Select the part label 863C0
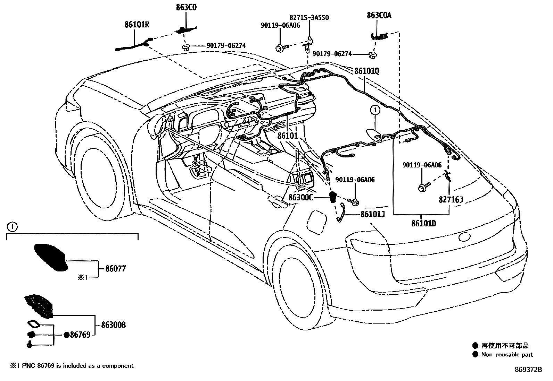coord(186,7)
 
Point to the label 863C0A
coord(379,15)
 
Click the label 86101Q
coord(367,71)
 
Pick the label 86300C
coord(301,197)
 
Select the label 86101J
coord(372,214)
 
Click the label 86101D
coord(423,223)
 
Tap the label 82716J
coord(451,200)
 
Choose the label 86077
coord(113,268)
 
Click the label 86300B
coord(113,325)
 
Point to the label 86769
coord(80,335)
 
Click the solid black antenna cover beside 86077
coord(51,257)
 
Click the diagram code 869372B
coord(528,370)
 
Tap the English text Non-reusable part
coord(507,355)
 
